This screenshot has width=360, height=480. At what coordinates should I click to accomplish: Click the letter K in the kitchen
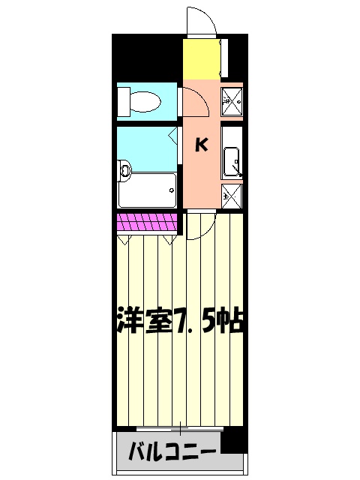click(x=202, y=145)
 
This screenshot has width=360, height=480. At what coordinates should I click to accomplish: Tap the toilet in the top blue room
click(x=142, y=101)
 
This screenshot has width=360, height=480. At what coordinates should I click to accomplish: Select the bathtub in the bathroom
click(x=147, y=190)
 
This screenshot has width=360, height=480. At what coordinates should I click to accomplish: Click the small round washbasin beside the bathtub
click(x=124, y=170)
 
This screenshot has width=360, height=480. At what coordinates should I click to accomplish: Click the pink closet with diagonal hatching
click(x=147, y=223)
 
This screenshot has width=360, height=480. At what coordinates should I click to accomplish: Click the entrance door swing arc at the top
click(x=199, y=20)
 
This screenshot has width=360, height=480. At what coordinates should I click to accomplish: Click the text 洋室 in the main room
click(x=145, y=321)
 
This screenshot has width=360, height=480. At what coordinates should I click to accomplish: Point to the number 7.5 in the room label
click(x=198, y=321)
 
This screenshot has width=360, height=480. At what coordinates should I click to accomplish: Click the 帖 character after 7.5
click(x=233, y=321)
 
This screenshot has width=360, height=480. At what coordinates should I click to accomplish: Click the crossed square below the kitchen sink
click(x=232, y=197)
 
